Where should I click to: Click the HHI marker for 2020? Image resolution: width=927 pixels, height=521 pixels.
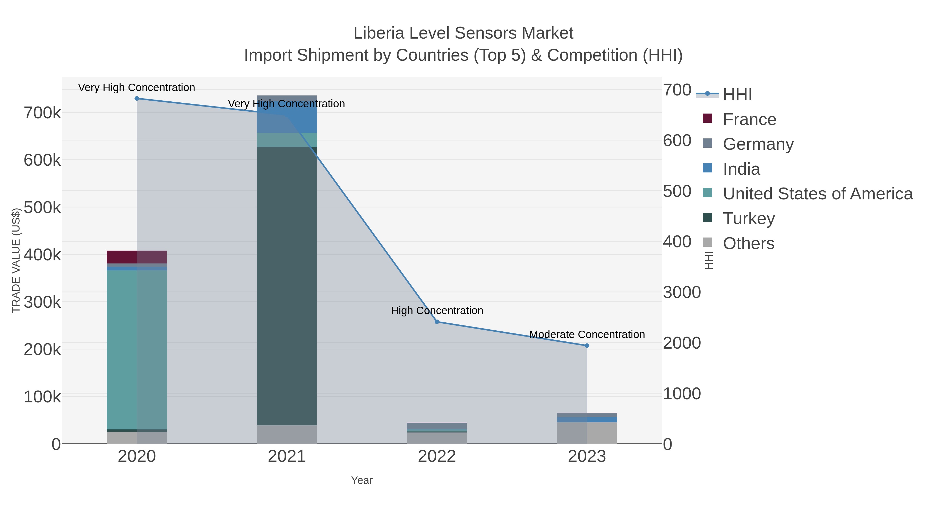tap(137, 99)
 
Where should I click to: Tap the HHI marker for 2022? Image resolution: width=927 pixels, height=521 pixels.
tap(437, 322)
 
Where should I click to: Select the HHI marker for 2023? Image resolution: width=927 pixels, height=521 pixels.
tap(587, 346)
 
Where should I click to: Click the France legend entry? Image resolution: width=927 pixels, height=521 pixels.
tap(749, 119)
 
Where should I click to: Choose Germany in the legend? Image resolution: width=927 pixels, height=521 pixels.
tap(758, 144)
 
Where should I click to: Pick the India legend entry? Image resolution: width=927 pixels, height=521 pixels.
tap(741, 169)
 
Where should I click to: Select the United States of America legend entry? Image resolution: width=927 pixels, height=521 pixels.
tap(818, 194)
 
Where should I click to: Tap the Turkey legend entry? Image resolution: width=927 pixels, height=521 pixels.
tap(749, 219)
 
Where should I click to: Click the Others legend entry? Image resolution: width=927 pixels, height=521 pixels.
tap(749, 243)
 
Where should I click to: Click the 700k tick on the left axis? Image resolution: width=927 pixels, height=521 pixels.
tap(42, 113)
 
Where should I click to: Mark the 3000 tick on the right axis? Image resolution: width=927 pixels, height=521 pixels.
tap(682, 292)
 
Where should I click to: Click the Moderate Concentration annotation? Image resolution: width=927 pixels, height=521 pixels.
tap(587, 334)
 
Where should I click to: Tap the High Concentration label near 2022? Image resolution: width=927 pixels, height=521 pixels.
tap(437, 311)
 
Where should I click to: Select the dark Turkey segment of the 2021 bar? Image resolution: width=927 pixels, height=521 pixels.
tap(287, 286)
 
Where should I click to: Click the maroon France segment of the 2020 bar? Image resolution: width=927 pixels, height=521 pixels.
tap(137, 257)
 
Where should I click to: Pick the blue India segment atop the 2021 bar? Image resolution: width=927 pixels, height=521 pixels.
tap(287, 114)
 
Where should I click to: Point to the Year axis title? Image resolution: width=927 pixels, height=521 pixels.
tap(362, 480)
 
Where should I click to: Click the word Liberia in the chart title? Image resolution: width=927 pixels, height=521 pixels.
tap(379, 33)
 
